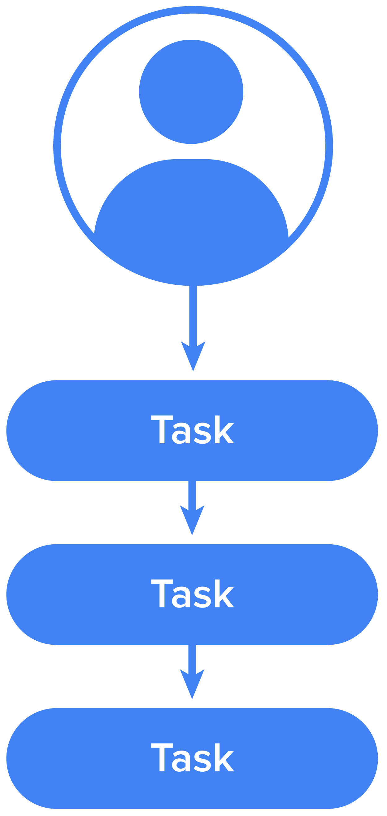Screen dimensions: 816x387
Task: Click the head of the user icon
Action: coord(191,92)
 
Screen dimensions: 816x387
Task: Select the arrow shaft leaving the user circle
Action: coord(193,314)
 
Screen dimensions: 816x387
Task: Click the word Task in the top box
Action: coord(192,430)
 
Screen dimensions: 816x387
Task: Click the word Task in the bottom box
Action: coord(192,757)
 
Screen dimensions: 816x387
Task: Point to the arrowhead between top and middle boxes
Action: coord(192,521)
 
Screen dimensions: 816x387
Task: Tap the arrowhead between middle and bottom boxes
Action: coord(192,685)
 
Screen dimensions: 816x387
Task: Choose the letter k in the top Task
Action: coord(224,430)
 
